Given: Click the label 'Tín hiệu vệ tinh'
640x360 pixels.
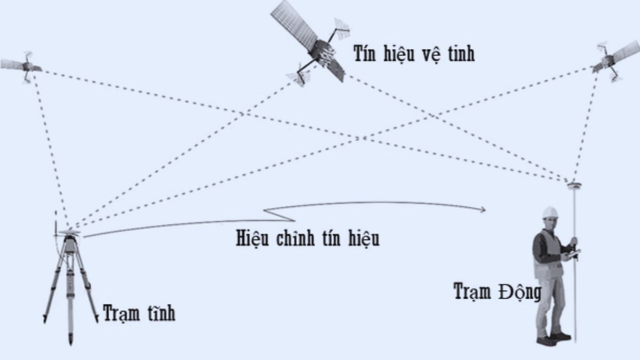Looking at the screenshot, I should point(414,53).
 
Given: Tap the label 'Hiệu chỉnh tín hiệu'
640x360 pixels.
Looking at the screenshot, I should point(308,238).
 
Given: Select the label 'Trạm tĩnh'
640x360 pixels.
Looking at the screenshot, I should point(139,314).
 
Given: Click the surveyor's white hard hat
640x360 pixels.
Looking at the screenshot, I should point(550,212).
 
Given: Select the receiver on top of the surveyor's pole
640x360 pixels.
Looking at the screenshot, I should point(574,185).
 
